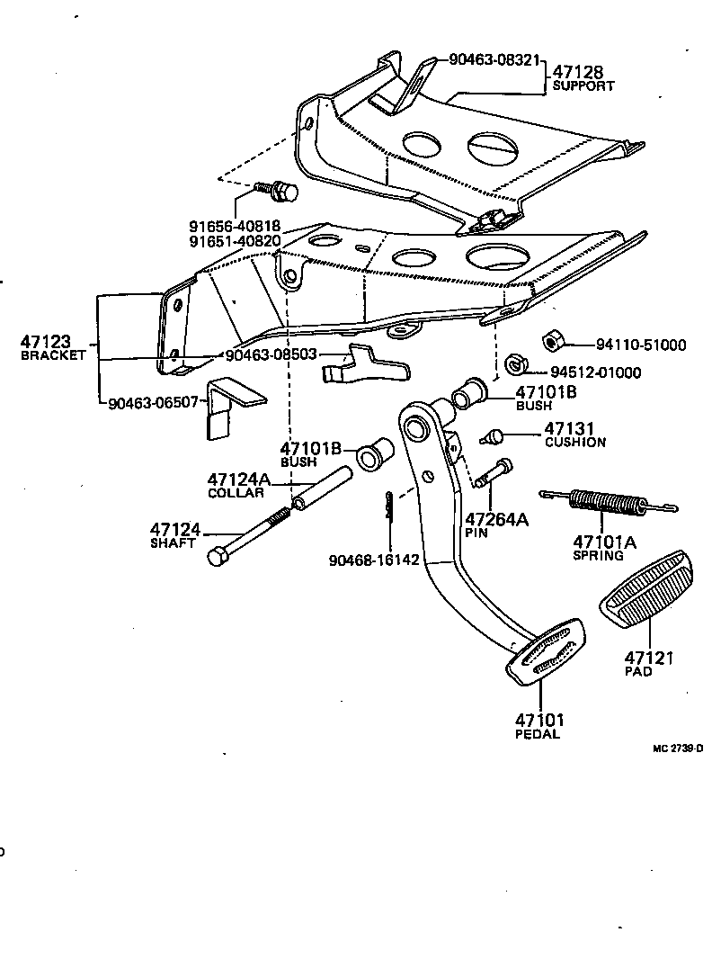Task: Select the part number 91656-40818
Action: point(235,227)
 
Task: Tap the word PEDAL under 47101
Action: point(537,734)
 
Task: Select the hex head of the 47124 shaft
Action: point(216,557)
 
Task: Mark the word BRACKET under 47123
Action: point(52,355)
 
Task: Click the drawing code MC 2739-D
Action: point(678,748)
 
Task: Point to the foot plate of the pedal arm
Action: point(546,651)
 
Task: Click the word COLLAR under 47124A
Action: point(236,493)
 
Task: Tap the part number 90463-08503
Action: point(271,354)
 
